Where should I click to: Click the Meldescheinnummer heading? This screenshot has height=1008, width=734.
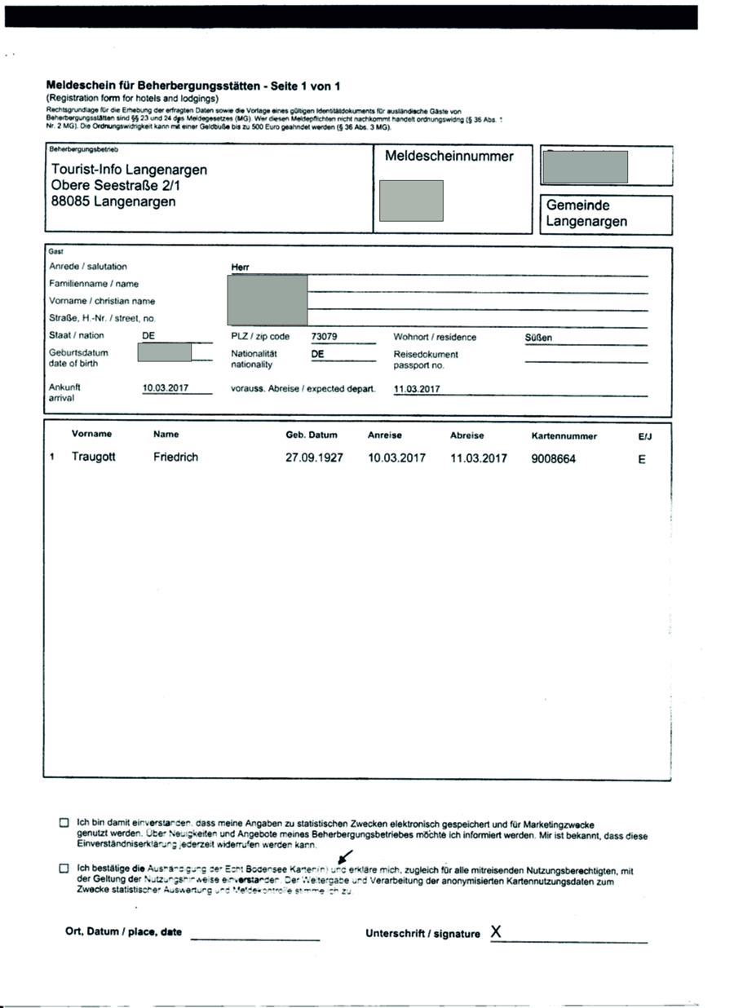(x=449, y=157)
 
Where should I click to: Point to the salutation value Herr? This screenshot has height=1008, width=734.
(x=241, y=267)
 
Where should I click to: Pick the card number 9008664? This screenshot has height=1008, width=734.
(x=553, y=459)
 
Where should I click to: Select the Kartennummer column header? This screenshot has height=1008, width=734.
(x=564, y=435)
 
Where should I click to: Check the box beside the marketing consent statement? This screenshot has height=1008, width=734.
(x=64, y=823)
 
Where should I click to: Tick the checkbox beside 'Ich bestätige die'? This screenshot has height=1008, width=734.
(x=64, y=869)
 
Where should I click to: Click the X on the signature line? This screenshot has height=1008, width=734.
(x=496, y=931)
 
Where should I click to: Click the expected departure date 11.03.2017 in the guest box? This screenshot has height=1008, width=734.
(x=417, y=389)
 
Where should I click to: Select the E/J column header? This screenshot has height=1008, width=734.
(x=645, y=436)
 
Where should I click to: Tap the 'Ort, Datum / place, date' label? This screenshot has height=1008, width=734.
(x=123, y=932)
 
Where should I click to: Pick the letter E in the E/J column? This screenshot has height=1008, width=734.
(x=642, y=459)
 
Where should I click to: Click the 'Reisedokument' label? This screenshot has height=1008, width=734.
(x=426, y=355)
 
